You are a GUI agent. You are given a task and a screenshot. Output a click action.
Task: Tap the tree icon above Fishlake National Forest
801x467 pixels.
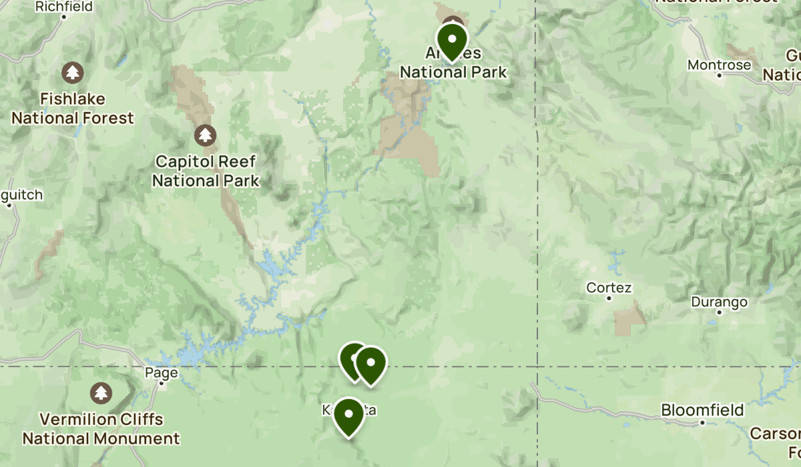(72, 71)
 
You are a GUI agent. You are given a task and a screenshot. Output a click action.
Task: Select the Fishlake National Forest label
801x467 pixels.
(73, 109)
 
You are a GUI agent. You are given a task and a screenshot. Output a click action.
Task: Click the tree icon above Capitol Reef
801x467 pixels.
(205, 135)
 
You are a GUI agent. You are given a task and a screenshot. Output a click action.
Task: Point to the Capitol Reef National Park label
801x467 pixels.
(205, 171)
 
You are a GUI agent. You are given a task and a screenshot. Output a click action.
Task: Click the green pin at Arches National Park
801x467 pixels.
(451, 40)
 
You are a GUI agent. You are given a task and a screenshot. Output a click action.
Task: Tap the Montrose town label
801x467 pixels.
(719, 65)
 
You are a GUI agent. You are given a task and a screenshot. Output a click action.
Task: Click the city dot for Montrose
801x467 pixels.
(719, 75)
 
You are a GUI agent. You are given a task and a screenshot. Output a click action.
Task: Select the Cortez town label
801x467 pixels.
(609, 288)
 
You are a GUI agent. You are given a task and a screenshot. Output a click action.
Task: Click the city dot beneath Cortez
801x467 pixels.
(609, 298)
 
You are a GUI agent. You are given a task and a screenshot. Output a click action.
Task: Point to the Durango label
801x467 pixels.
(719, 302)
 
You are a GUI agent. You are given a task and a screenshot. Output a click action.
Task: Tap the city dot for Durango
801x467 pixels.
(719, 312)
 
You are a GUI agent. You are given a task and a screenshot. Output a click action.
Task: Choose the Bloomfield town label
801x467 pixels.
(702, 410)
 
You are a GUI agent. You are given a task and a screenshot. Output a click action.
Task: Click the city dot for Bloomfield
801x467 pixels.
(702, 422)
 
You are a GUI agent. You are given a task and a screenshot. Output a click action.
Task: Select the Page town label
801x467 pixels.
(162, 372)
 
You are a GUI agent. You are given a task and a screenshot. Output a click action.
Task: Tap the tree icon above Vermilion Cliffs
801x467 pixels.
(101, 392)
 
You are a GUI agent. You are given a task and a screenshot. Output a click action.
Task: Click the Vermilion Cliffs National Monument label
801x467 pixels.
(101, 429)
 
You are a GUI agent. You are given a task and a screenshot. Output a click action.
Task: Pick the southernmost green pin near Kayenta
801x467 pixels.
(348, 415)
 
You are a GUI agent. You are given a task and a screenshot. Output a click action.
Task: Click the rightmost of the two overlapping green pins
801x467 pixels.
(370, 364)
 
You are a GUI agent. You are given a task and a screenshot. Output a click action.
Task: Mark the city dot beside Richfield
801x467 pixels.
(64, 16)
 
